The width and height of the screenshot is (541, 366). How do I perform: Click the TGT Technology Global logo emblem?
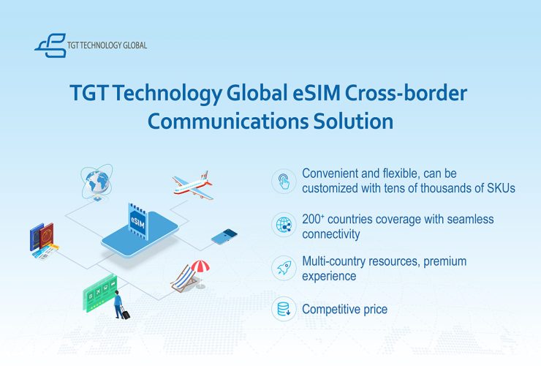point(51,45)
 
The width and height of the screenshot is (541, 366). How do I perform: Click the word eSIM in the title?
point(317,93)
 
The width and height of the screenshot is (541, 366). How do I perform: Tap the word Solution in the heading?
point(353,122)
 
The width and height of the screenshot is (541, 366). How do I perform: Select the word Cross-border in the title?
point(406,93)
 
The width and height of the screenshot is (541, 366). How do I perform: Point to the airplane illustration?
point(193,185)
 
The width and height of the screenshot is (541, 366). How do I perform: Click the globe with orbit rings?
point(97,182)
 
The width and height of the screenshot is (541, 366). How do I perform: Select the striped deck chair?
point(184,278)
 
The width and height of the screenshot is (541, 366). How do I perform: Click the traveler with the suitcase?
point(121,305)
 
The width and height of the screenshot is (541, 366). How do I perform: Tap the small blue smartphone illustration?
point(224,236)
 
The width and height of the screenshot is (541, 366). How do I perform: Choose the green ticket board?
point(99,293)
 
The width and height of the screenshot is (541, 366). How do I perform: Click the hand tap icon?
point(284,181)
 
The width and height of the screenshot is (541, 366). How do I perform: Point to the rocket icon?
point(284,268)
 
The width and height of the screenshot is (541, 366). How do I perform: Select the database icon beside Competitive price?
point(284,309)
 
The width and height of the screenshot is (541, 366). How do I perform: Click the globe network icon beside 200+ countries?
point(284,225)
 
